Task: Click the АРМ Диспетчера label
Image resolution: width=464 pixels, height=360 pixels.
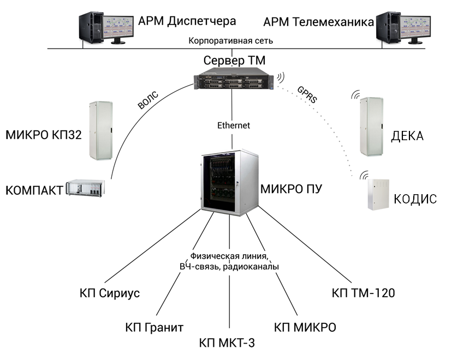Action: pyautogui.click(x=187, y=21)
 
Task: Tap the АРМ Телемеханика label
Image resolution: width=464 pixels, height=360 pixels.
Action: pyautogui.click(x=318, y=22)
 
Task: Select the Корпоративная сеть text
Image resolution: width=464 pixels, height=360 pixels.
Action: pyautogui.click(x=230, y=41)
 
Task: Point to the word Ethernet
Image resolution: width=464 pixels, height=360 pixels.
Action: pyautogui.click(x=233, y=125)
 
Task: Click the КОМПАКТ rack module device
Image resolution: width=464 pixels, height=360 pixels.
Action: pyautogui.click(x=86, y=188)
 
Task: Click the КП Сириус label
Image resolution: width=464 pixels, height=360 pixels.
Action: pyautogui.click(x=110, y=293)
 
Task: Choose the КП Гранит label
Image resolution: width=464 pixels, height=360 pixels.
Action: pyautogui.click(x=154, y=328)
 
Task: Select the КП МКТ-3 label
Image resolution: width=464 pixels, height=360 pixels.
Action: pyautogui.click(x=227, y=343)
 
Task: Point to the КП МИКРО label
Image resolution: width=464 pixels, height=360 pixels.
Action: pyautogui.click(x=305, y=328)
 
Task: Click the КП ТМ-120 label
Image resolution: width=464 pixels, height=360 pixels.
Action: pyautogui.click(x=363, y=293)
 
